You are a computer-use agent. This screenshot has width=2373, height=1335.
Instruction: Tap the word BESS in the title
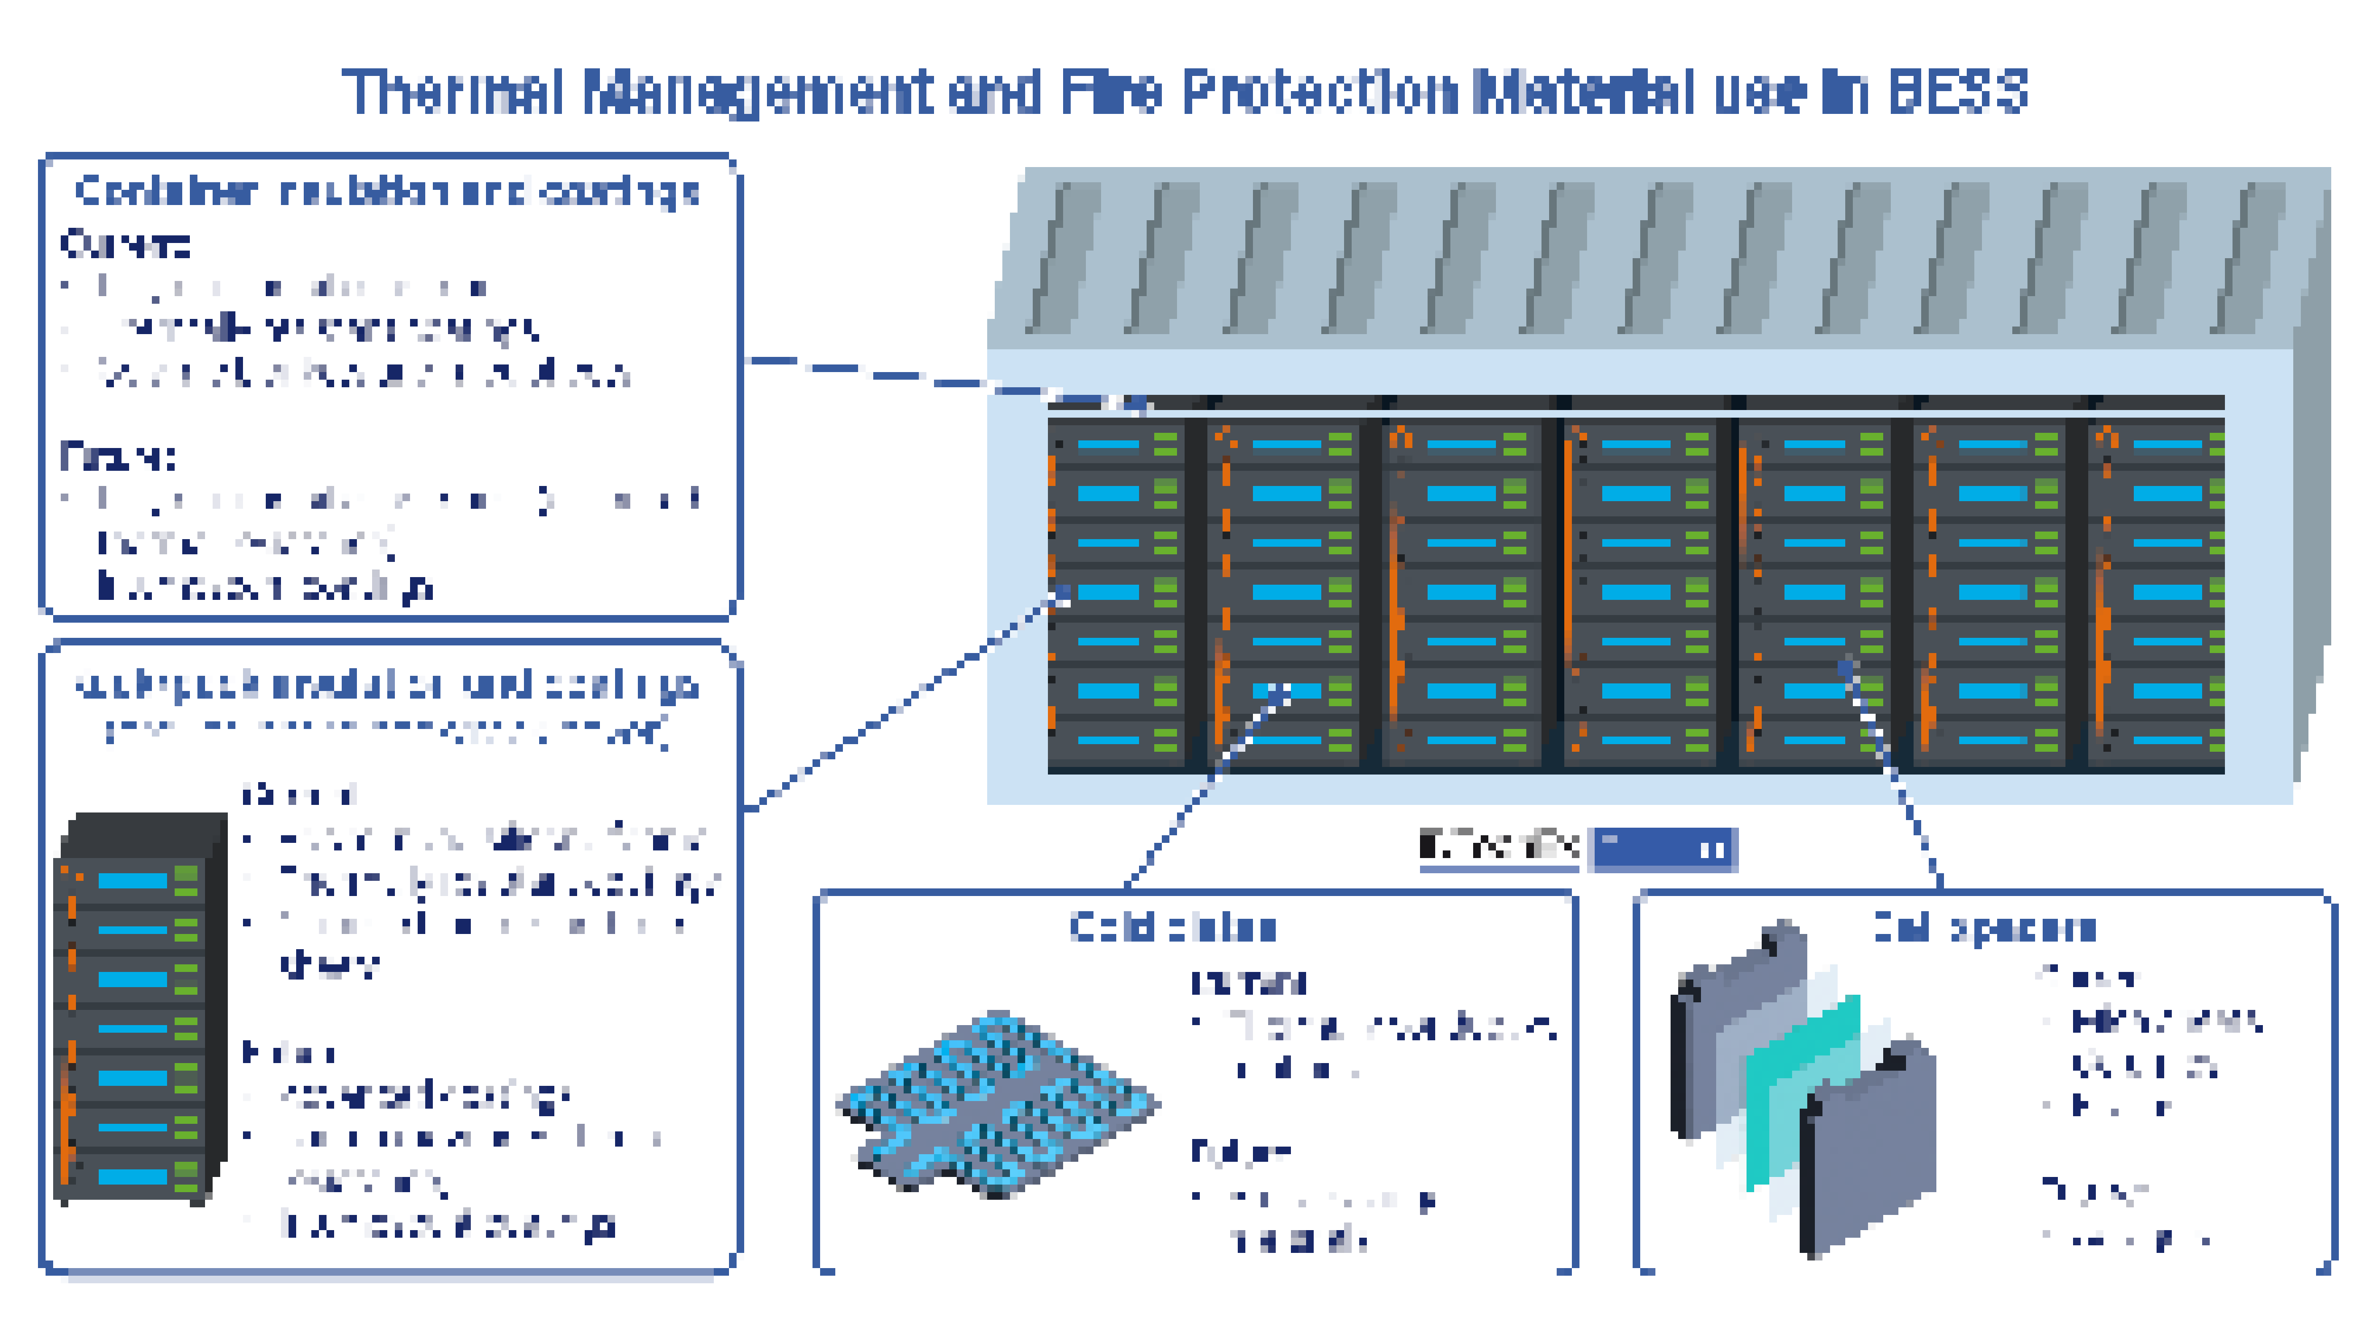[x=1958, y=92]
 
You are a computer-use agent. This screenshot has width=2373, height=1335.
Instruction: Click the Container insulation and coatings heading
[x=387, y=192]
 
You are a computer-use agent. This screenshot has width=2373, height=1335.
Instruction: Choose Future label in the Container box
[x=118, y=456]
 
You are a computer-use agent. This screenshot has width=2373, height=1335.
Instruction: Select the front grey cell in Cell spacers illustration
[x=1870, y=1152]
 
